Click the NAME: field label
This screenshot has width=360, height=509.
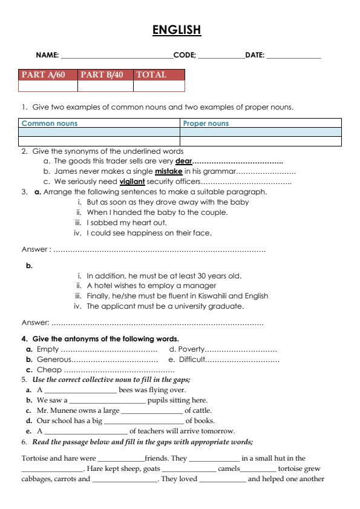coord(48,55)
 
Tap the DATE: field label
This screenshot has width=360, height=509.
coord(255,55)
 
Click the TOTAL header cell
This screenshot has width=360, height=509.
coord(152,74)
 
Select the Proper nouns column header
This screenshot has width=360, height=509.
coord(206,123)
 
